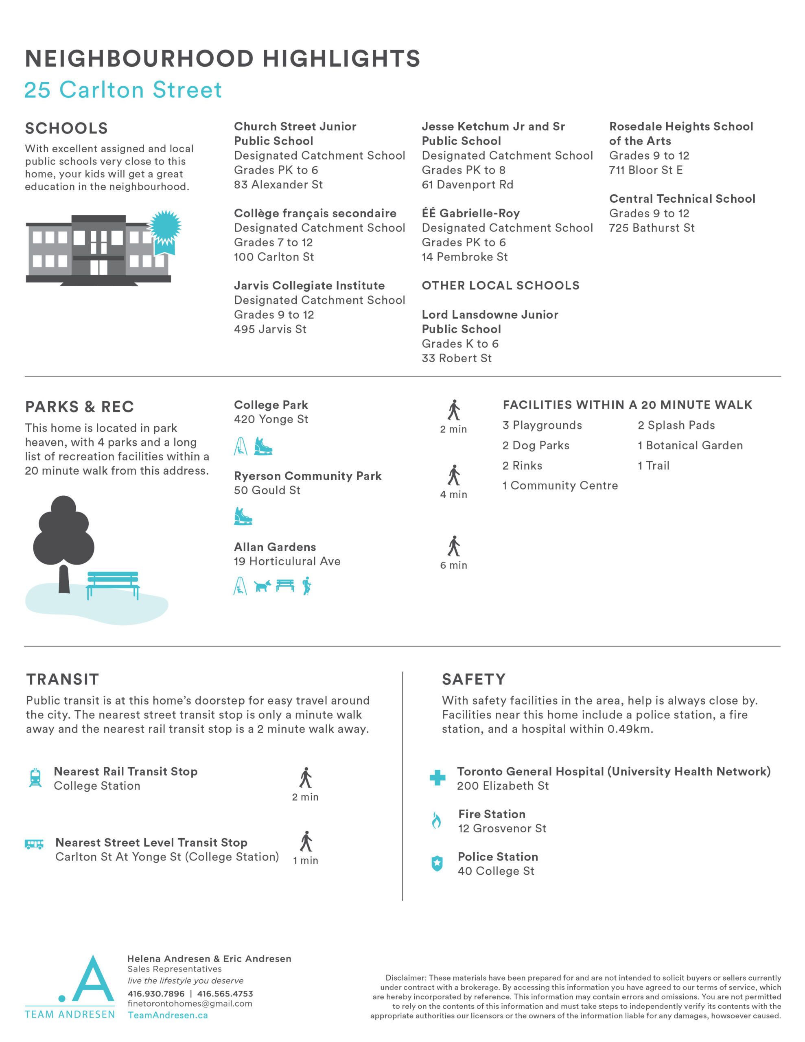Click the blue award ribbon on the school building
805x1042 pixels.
click(x=165, y=230)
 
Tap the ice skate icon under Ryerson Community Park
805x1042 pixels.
click(x=243, y=516)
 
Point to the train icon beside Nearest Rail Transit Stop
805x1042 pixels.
click(x=35, y=778)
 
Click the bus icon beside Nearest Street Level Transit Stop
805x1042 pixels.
click(x=34, y=844)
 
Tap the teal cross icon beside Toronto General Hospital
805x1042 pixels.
click(x=437, y=778)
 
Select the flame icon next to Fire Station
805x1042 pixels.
click(x=436, y=821)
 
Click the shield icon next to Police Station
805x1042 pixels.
click(x=437, y=863)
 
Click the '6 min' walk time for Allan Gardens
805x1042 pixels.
click(x=453, y=565)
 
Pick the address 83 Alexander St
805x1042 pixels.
click(x=278, y=185)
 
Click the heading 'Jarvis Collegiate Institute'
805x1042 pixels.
click(x=309, y=285)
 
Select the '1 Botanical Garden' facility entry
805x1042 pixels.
click(x=690, y=445)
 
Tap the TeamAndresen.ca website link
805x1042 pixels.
click(x=168, y=1015)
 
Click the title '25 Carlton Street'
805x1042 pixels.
click(x=123, y=90)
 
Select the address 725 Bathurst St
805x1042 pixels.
click(x=651, y=228)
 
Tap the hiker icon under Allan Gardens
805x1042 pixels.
click(x=307, y=585)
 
